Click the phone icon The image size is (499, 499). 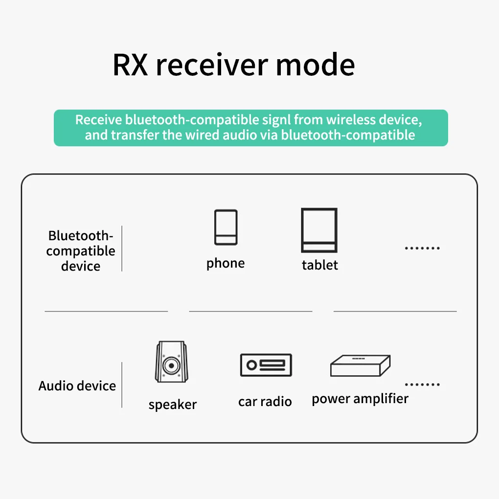pos(226,227)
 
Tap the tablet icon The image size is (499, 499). pos(319,230)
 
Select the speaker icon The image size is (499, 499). pos(172,363)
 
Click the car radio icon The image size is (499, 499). pos(266,365)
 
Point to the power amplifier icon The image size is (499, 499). pos(360,366)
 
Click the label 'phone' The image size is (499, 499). pos(226,264)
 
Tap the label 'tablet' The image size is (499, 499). pos(320,265)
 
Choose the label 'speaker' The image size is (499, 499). pos(173,405)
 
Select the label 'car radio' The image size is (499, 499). pos(265,402)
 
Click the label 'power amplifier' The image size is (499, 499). pos(360,399)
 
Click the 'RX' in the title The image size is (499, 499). pos(130,66)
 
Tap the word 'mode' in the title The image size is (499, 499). pos(316,66)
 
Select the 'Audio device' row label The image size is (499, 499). pos(77,386)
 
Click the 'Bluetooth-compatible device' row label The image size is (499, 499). pos(81,251)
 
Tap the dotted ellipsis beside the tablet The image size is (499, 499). pos(422,249)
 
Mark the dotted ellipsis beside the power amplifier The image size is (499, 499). pos(422,385)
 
